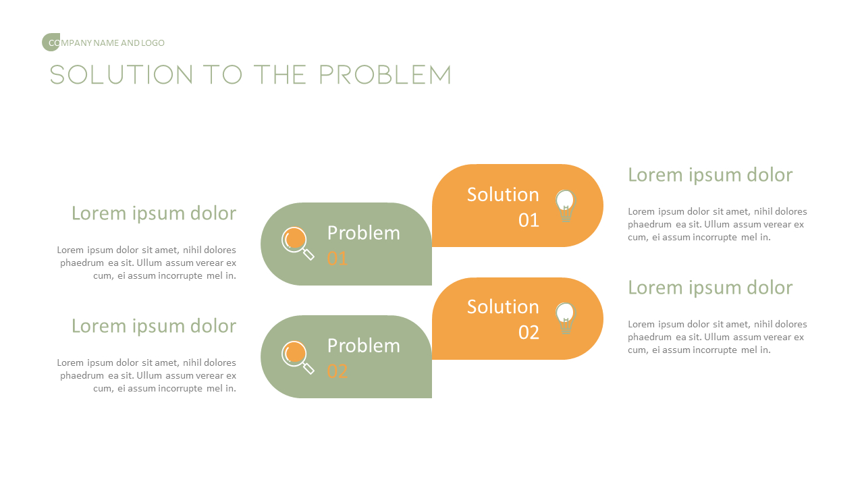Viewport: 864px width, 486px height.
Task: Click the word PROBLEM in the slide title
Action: tap(385, 75)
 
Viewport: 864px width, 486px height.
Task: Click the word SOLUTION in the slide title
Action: tap(122, 75)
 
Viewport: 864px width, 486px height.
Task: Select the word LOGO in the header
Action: tap(153, 43)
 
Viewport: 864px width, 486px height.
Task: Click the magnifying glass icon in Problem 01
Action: tap(298, 243)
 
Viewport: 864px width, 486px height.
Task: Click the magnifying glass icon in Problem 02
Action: tap(298, 356)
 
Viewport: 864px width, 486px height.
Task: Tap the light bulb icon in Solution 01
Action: tap(565, 205)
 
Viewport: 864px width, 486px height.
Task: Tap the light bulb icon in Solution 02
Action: tap(565, 318)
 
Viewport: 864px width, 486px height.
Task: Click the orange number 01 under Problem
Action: tap(337, 259)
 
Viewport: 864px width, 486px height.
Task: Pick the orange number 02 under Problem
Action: tap(337, 371)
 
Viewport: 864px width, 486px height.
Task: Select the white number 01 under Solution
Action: tap(529, 220)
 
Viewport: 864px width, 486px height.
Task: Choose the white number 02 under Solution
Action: tap(529, 333)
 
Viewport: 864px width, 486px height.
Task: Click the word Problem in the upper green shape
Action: tap(363, 233)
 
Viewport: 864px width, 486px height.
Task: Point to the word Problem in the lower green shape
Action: tap(363, 346)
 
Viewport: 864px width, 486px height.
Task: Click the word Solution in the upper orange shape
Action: tap(503, 194)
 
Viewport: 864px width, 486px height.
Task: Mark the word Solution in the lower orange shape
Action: tap(503, 307)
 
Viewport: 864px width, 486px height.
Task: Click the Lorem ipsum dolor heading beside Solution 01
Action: tap(710, 175)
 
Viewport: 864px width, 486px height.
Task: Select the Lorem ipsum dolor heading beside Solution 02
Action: tap(710, 288)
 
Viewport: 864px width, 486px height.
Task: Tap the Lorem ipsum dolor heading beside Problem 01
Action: tap(154, 213)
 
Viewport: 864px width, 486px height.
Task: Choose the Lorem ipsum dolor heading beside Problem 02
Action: tap(154, 326)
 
